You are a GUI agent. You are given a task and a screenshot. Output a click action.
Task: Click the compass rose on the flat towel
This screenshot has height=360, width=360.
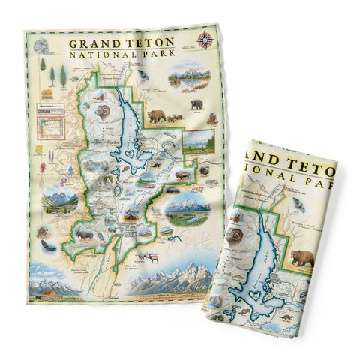[204, 40]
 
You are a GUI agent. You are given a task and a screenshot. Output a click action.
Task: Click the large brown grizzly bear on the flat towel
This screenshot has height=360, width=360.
[157, 115]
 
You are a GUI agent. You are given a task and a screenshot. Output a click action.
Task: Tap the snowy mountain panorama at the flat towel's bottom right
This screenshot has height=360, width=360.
[174, 282]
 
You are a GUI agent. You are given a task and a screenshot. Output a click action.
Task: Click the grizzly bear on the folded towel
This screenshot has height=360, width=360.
[302, 258]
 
